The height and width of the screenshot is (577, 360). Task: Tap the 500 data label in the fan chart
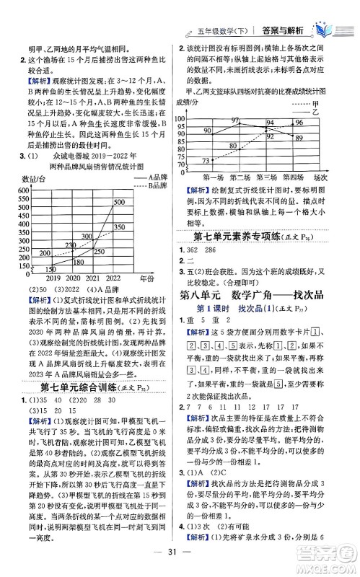(119, 203)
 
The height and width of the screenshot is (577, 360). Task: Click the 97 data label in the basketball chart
(236, 120)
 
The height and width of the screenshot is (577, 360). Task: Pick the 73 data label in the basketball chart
(206, 161)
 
